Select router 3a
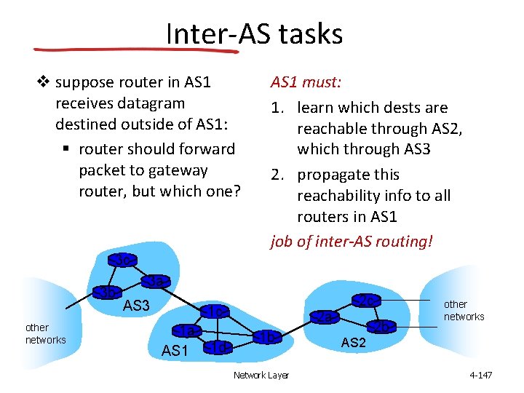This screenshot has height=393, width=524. click(x=156, y=281)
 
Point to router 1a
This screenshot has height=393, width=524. click(x=187, y=331)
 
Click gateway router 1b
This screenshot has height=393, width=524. click(x=267, y=337)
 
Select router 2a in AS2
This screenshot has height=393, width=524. click(x=325, y=317)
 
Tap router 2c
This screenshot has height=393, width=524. click(x=366, y=301)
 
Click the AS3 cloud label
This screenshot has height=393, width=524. click(x=135, y=306)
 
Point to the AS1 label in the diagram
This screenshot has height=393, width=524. click(x=175, y=352)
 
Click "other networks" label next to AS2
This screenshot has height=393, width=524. click(x=464, y=310)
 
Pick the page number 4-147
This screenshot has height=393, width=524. click(x=481, y=375)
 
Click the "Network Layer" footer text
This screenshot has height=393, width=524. click(x=261, y=375)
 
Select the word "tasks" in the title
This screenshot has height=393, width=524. click(x=308, y=33)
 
